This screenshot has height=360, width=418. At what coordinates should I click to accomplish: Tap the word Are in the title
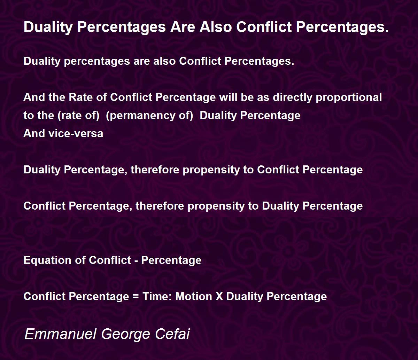click(x=183, y=27)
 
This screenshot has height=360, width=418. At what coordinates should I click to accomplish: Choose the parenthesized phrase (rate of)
click(x=78, y=116)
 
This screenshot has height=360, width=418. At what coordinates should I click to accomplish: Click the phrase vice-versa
click(x=76, y=134)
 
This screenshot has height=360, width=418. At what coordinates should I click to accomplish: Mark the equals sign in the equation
click(x=136, y=297)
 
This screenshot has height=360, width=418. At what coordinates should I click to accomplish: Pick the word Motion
click(x=194, y=297)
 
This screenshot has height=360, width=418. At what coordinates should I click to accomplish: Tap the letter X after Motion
click(x=219, y=297)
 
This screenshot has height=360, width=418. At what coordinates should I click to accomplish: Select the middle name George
click(x=126, y=335)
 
